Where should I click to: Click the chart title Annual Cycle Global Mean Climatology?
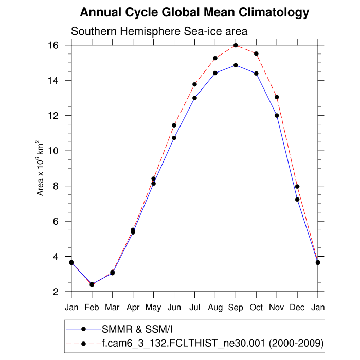pyautogui.click(x=195, y=12)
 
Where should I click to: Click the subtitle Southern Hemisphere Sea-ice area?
pyautogui.click(x=159, y=31)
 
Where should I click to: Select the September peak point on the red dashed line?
pyautogui.click(x=236, y=45)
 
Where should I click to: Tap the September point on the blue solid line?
pyautogui.click(x=236, y=65)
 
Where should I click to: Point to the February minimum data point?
pyautogui.click(x=92, y=284)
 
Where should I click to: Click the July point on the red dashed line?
pyautogui.click(x=194, y=84)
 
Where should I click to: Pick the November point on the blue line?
pyautogui.click(x=277, y=115)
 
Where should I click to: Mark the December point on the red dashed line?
pyautogui.click(x=297, y=187)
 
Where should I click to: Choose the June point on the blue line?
pyautogui.click(x=174, y=138)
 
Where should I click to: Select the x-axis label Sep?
pyautogui.click(x=236, y=308)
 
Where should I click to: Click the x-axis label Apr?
pyautogui.click(x=133, y=308)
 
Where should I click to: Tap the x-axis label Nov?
pyautogui.click(x=277, y=308)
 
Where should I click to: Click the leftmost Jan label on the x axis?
pyautogui.click(x=71, y=308)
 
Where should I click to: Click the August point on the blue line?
pyautogui.click(x=215, y=73)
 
